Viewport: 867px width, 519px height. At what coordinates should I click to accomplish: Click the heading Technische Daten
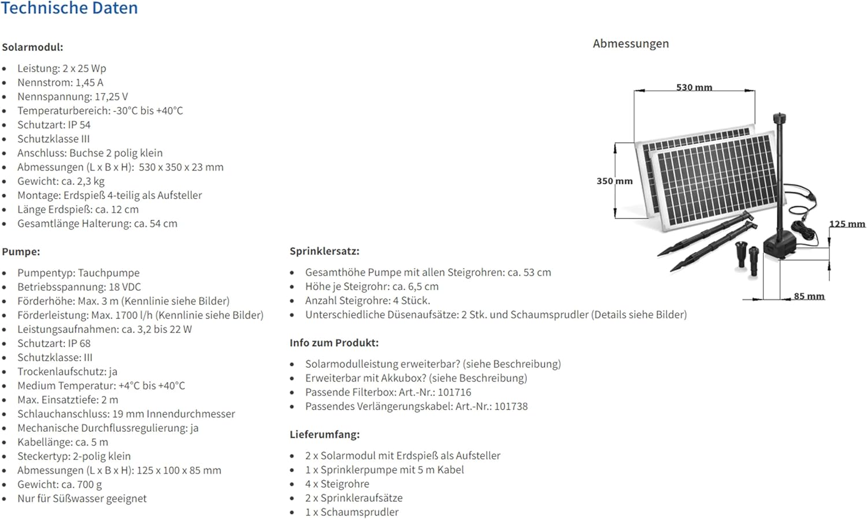pyautogui.click(x=69, y=8)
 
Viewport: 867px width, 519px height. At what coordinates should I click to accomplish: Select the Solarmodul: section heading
pyautogui.click(x=32, y=47)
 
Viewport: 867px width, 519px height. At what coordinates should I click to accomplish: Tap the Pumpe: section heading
pyautogui.click(x=21, y=252)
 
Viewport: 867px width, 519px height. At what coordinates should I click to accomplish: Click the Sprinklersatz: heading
pyautogui.click(x=324, y=251)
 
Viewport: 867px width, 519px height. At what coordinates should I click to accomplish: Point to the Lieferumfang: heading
pyautogui.click(x=324, y=435)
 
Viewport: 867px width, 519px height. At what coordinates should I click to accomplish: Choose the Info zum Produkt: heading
pyautogui.click(x=334, y=343)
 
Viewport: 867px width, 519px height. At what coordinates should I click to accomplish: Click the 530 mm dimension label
pyautogui.click(x=694, y=87)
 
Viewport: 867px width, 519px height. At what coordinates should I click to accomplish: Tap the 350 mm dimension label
pyautogui.click(x=614, y=181)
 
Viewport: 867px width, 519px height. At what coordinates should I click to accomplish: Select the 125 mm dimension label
pyautogui.click(x=847, y=224)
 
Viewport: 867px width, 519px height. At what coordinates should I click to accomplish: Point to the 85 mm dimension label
pyautogui.click(x=809, y=296)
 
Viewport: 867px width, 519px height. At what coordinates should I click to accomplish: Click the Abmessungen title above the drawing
pyautogui.click(x=631, y=44)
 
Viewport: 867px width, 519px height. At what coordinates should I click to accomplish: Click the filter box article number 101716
pyautogui.click(x=454, y=392)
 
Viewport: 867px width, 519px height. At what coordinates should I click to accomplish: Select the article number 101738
pyautogui.click(x=511, y=406)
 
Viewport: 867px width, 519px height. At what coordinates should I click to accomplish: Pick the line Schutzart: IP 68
pyautogui.click(x=54, y=343)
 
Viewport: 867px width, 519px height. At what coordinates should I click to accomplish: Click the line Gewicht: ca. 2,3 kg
pyautogui.click(x=61, y=181)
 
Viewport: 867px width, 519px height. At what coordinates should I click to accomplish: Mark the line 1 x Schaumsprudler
pyautogui.click(x=351, y=512)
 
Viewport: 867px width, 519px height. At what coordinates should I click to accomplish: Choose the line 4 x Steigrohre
pyautogui.click(x=337, y=484)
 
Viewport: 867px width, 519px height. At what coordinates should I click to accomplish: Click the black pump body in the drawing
pyautogui.click(x=779, y=247)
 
